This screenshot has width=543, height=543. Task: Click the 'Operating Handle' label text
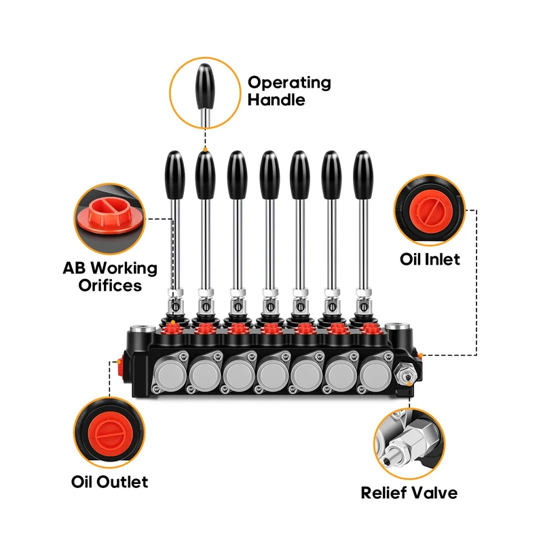pos(289,91)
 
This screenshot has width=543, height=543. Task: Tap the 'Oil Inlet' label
pos(430,259)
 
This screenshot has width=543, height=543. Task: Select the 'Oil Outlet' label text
pos(109,482)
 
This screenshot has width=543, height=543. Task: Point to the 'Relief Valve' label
pos(409,493)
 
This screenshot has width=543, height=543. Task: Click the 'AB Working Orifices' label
pos(110,277)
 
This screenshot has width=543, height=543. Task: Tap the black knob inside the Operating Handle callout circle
pos(205,87)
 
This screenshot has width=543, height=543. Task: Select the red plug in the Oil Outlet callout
pos(109,433)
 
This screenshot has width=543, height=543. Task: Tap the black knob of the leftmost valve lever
pos(174,175)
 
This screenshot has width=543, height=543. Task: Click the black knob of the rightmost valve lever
pos(363,175)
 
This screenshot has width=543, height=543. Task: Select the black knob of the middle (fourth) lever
pos(269,175)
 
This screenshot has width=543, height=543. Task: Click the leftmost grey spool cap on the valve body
pos(170,374)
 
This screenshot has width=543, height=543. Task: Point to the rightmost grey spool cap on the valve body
pos(376,374)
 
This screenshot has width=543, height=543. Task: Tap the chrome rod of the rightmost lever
pos(363,244)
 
